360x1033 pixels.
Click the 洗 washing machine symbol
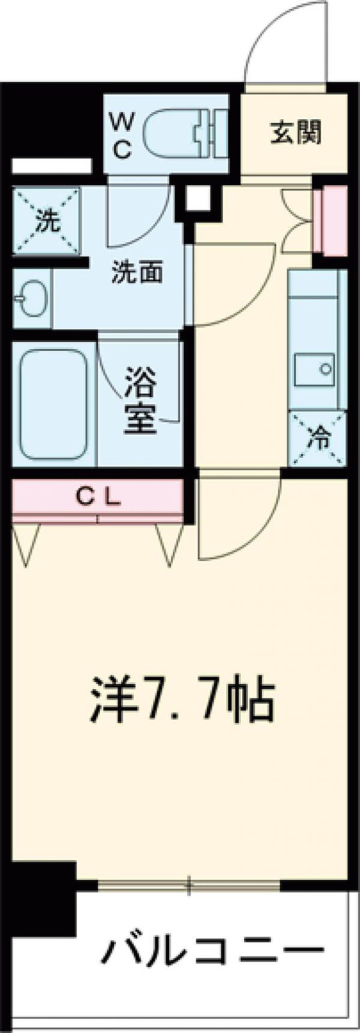pos(47,221)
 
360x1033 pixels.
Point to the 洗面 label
pos(137,272)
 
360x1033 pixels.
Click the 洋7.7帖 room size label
pos(183,700)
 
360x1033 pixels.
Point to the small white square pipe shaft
pos(199,198)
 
